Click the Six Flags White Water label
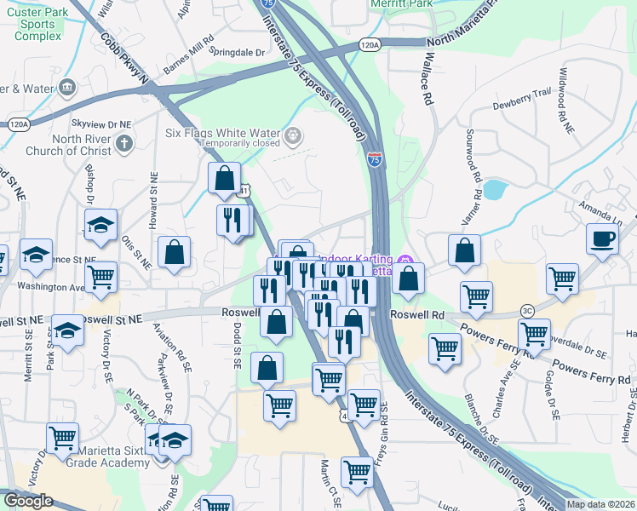(x=224, y=133)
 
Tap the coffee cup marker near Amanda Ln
(x=603, y=238)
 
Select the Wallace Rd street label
(x=426, y=77)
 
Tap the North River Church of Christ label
(x=70, y=145)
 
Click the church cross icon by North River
(x=124, y=142)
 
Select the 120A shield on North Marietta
(x=370, y=44)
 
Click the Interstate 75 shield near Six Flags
(x=375, y=158)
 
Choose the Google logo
(x=29, y=501)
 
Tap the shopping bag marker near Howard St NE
(x=174, y=252)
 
